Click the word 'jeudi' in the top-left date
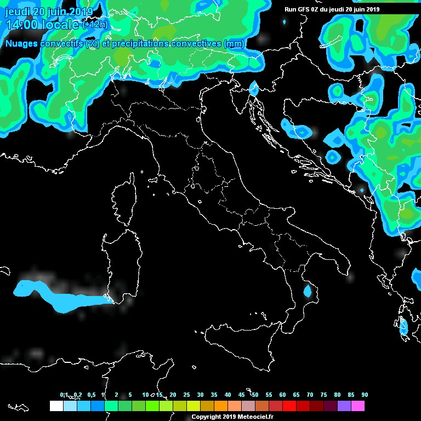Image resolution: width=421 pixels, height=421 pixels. pos(16,12)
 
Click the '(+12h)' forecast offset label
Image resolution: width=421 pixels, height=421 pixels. pos(95,25)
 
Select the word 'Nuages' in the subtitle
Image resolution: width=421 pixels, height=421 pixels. pos(22,43)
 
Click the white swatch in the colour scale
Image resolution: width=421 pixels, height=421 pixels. pos(56,406)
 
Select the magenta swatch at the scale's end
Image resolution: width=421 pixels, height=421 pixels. pos(358,406)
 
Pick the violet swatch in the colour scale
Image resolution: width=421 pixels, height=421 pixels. pos(344,406)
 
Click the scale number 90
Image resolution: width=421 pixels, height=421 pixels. pos(365,395)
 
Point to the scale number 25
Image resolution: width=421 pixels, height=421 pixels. pos(186,395)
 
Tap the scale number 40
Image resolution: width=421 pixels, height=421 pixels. pos(227,395)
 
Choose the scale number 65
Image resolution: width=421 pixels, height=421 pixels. pos(296,395)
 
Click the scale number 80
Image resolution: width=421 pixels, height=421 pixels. pos(337,395)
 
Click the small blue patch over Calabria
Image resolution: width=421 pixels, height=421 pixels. pos(308,291)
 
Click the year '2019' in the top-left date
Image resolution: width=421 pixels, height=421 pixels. pos(81,12)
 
